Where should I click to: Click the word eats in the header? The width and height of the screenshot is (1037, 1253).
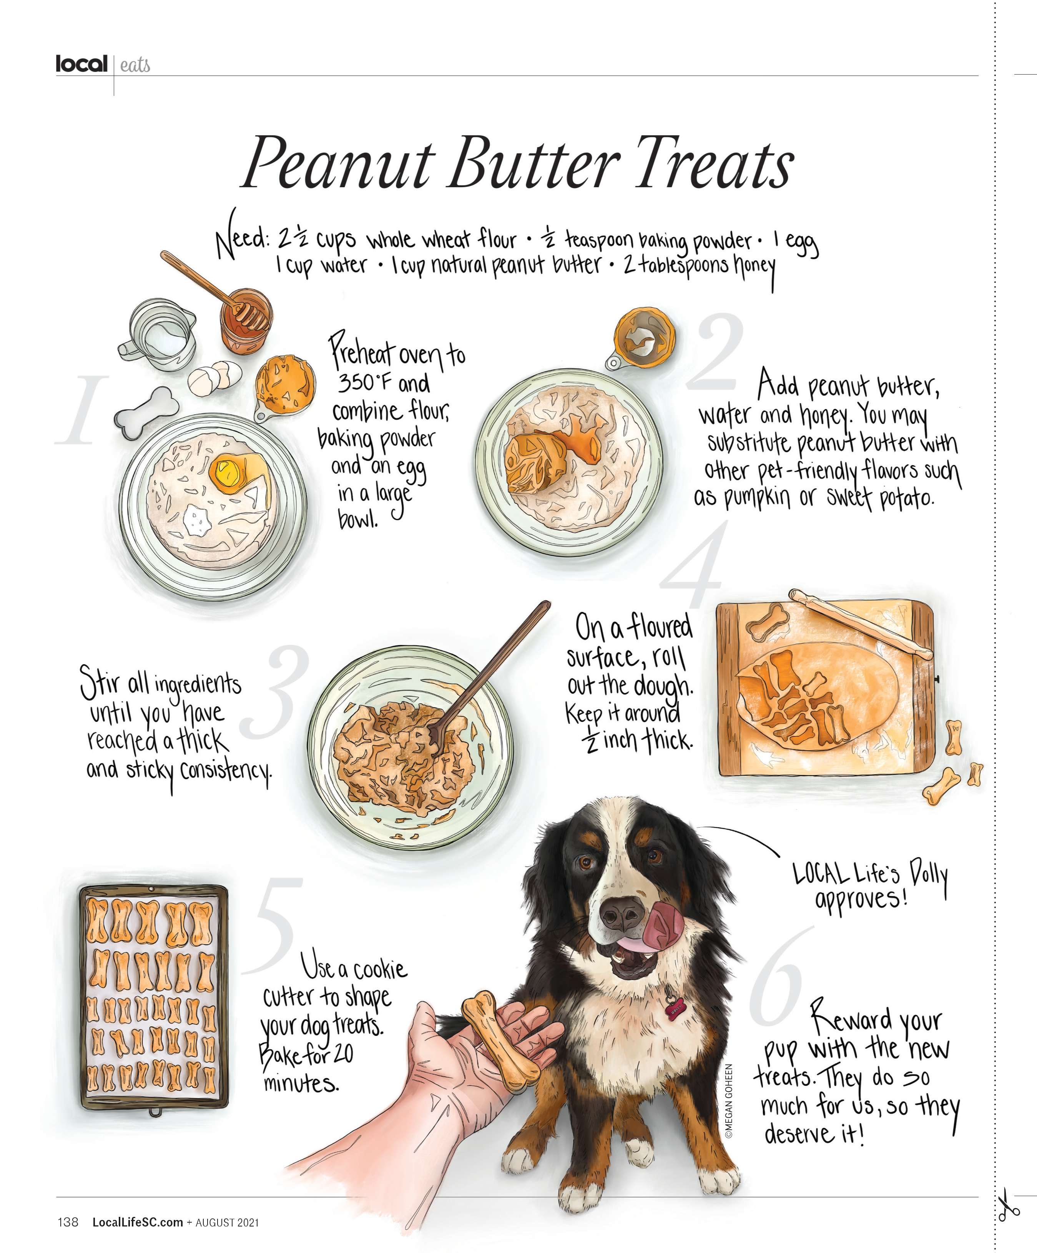[x=135, y=65]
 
